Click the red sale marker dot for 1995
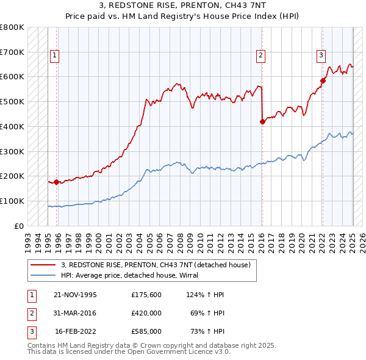[x=57, y=182]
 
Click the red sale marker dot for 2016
[x=262, y=121]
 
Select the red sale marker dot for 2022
[x=323, y=80]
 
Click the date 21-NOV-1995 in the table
[x=75, y=295]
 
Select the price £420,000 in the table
[x=146, y=313]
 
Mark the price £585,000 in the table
[x=146, y=331]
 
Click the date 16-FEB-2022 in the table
[x=75, y=331]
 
